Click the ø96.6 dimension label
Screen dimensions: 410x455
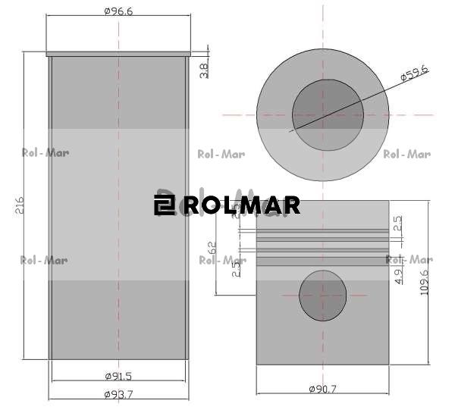pyautogui.click(x=118, y=11)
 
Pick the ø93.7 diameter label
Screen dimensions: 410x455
pyautogui.click(x=118, y=393)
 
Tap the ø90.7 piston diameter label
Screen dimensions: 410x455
pyautogui.click(x=322, y=389)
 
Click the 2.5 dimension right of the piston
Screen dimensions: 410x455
pyautogui.click(x=399, y=224)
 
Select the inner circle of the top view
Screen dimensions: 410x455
pyautogui.click(x=328, y=115)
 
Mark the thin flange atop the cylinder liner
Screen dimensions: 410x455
pyautogui.click(x=118, y=54)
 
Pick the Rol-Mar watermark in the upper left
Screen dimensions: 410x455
pyautogui.click(x=45, y=152)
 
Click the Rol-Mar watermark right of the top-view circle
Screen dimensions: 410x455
pyautogui.click(x=406, y=155)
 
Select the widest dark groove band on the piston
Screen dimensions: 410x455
pyautogui.click(x=322, y=261)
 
